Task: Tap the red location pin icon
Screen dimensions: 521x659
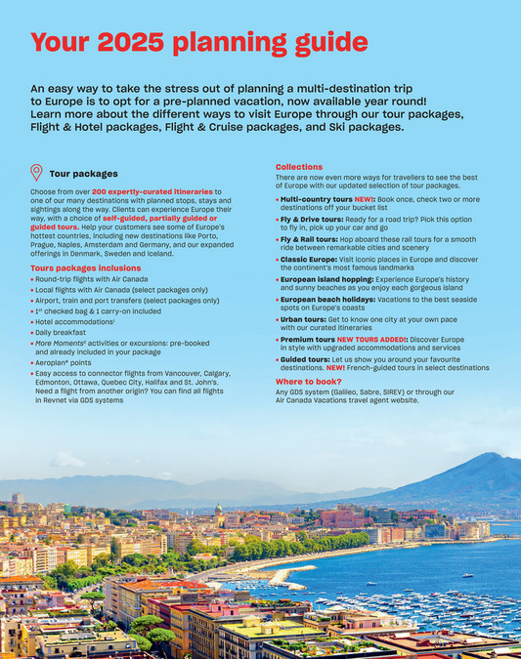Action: [x=37, y=173]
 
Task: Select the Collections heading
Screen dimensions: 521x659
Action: [x=299, y=167]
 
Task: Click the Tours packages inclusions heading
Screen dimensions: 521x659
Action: [x=86, y=268]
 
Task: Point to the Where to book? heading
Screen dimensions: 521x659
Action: [x=309, y=381]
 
